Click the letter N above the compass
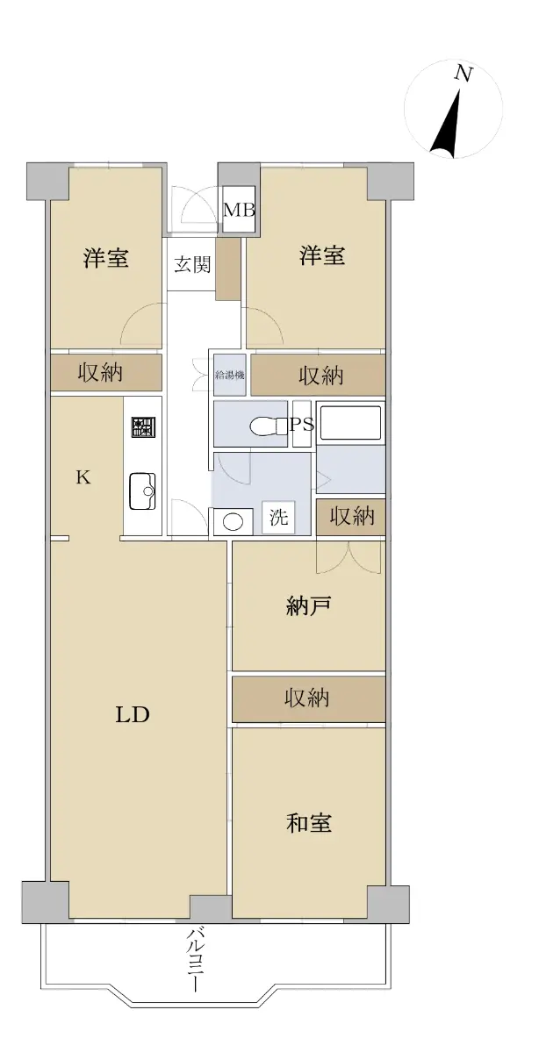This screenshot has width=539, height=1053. click(463, 74)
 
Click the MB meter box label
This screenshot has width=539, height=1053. click(240, 210)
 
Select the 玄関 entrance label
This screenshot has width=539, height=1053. click(192, 265)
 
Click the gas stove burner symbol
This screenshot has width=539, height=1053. click(143, 426)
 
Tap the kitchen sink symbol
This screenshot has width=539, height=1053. click(142, 491)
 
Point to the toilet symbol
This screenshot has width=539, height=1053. click(269, 426)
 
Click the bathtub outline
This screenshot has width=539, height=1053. click(350, 423)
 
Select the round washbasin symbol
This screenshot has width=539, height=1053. click(233, 522)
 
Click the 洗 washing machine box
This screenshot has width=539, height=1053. click(278, 517)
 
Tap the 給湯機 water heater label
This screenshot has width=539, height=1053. click(229, 375)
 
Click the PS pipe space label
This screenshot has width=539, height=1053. click(302, 425)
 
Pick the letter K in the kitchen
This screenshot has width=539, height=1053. click(83, 477)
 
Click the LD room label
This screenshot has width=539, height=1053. click(133, 715)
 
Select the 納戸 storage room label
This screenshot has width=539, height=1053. click(308, 605)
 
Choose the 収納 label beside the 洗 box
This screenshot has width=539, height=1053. click(351, 517)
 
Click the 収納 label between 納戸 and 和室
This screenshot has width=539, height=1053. click(306, 698)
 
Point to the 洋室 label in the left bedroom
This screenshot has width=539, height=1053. click(106, 258)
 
